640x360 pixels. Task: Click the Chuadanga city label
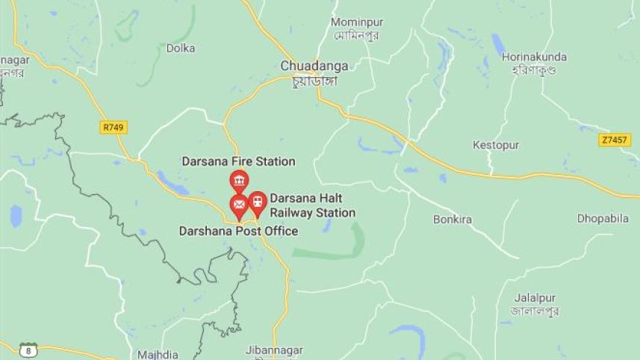(x=308, y=66)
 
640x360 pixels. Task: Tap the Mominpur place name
(x=357, y=22)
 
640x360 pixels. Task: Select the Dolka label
(x=181, y=48)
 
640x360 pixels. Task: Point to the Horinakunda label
(x=534, y=57)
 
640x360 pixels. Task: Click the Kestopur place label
(x=496, y=145)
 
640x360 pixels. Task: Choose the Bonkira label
(x=453, y=220)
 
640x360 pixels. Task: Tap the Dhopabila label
(x=602, y=218)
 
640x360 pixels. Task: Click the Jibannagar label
(x=274, y=350)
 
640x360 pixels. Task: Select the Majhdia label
(x=158, y=353)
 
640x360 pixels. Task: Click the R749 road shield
(x=113, y=128)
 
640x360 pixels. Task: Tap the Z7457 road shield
(x=613, y=140)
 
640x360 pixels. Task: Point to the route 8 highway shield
(x=28, y=350)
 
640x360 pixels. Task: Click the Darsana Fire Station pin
(x=239, y=181)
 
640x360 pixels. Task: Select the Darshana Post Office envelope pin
(x=239, y=204)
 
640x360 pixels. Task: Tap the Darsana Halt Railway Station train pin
(x=258, y=201)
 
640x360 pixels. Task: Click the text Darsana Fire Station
(x=238, y=161)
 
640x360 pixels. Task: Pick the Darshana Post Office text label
(x=238, y=232)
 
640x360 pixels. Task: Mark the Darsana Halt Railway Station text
(x=312, y=205)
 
